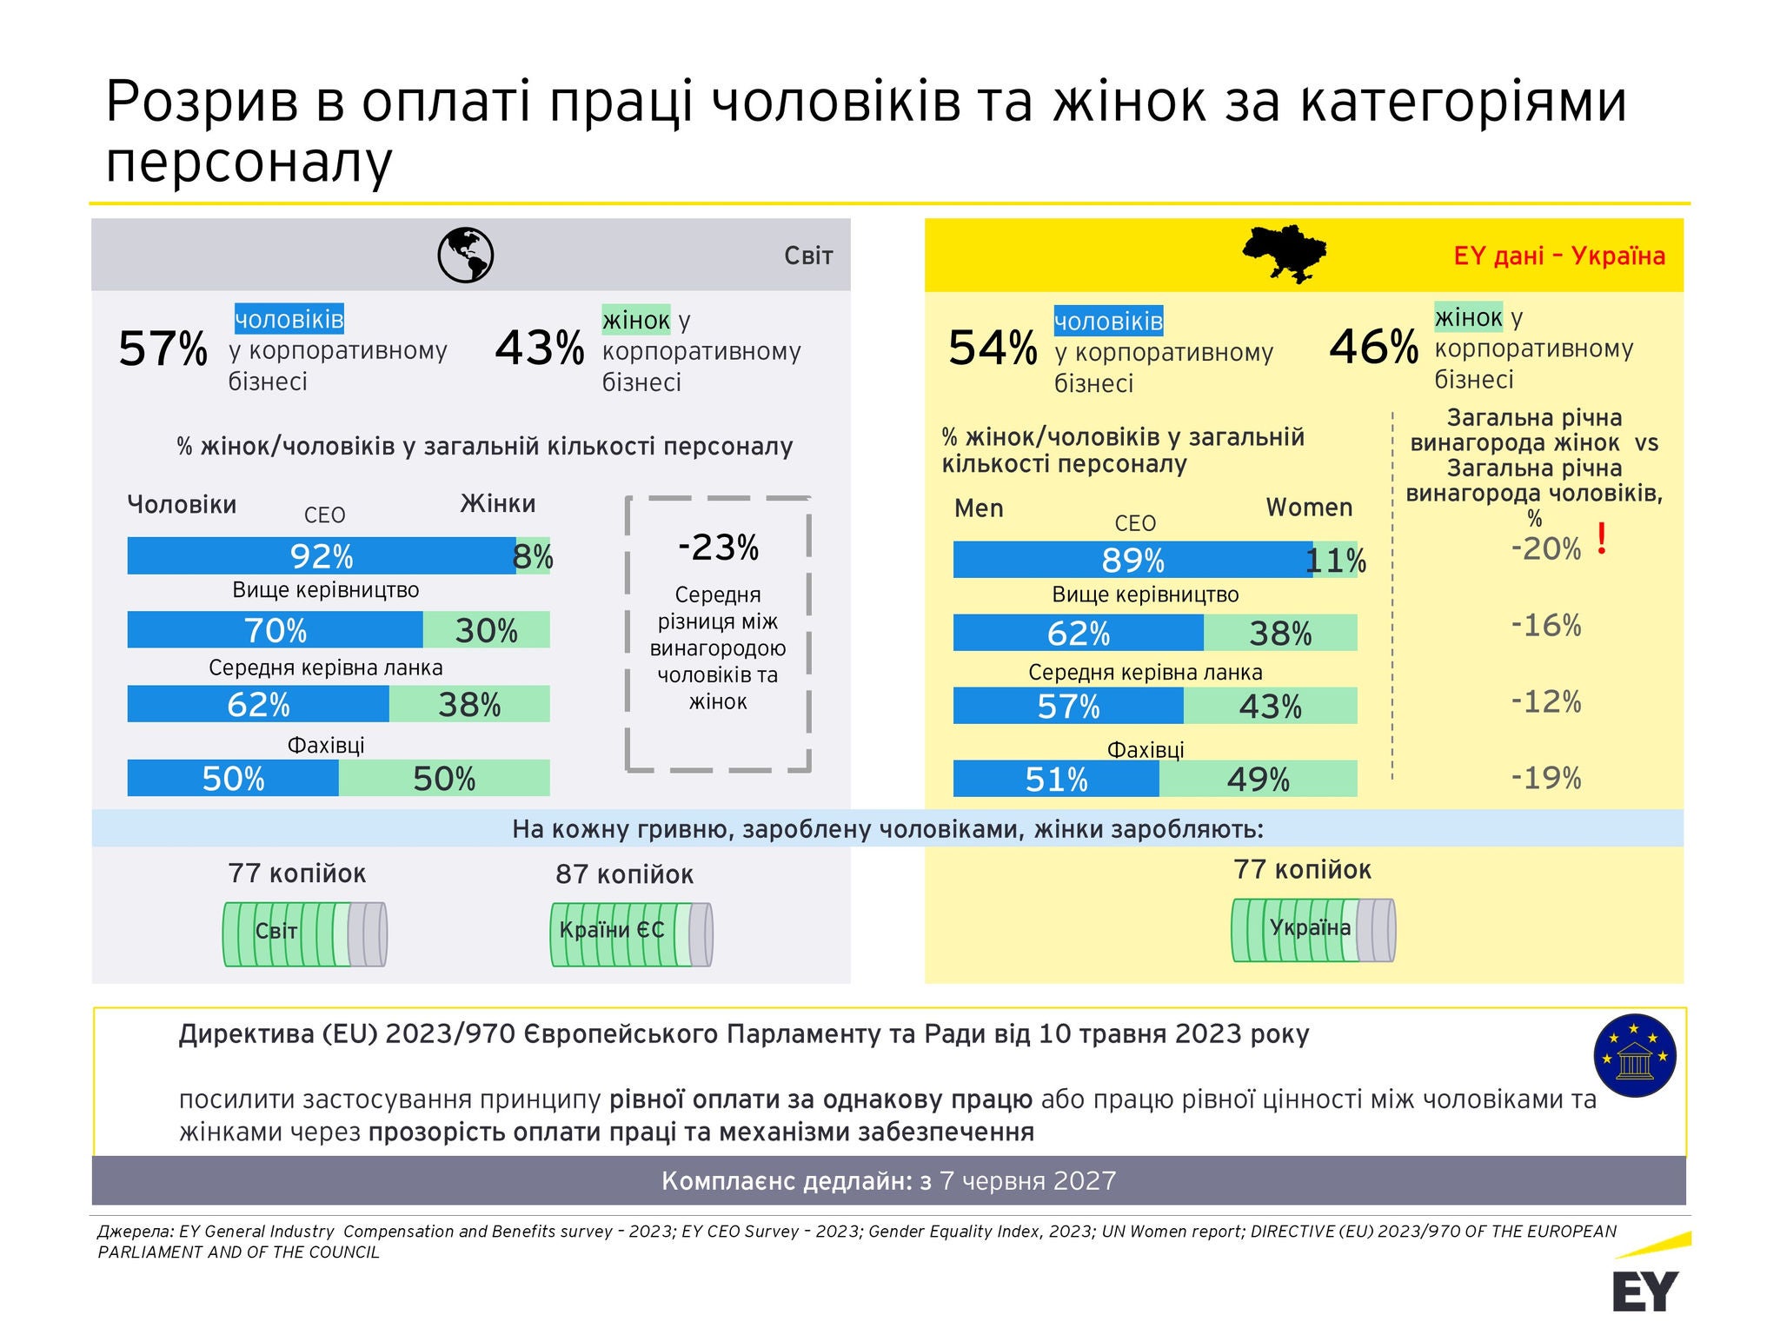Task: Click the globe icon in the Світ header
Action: [x=465, y=255]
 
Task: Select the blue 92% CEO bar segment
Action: [x=322, y=555]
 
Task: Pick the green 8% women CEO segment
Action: [x=533, y=555]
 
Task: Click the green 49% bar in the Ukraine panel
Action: [x=1258, y=779]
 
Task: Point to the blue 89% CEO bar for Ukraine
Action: [x=1132, y=560]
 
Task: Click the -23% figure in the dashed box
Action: [x=718, y=548]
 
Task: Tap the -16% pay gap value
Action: [x=1546, y=625]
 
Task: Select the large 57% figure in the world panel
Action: [x=163, y=349]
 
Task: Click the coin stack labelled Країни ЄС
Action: [x=632, y=934]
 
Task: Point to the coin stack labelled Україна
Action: [x=1313, y=930]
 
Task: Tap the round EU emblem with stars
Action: [x=1635, y=1056]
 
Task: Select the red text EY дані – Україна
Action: [x=1559, y=256]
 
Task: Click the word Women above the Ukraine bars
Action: [x=1309, y=508]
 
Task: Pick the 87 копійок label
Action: [x=625, y=874]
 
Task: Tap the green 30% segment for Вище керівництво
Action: [x=487, y=630]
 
